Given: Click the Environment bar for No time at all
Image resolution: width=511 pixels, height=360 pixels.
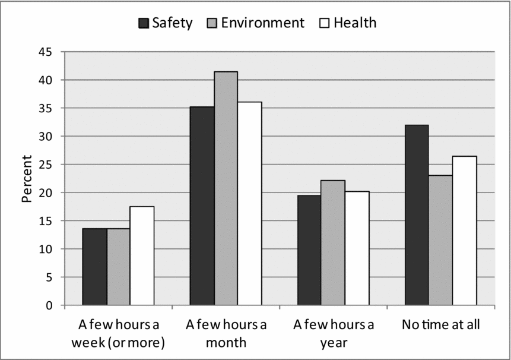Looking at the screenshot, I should click(440, 240).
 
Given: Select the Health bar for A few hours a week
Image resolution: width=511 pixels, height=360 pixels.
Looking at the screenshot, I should click(142, 256).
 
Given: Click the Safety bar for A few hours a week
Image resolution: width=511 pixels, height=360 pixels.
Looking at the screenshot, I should click(94, 267).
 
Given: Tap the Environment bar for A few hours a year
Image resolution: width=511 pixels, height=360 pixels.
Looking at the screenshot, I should click(333, 243).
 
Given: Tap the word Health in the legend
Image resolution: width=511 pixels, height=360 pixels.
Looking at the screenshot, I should click(355, 23).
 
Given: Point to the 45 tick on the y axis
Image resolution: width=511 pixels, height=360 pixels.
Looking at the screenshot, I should click(44, 52).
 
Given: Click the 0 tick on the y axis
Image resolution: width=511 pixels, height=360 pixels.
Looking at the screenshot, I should click(48, 305).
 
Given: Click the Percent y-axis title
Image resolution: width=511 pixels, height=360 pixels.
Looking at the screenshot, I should click(27, 178).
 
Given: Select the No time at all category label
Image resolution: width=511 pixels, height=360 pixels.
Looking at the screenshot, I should click(440, 325).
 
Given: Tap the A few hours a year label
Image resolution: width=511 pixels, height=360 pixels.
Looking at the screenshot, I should click(333, 333).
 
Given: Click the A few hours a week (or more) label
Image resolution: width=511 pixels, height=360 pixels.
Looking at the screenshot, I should click(118, 333).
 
